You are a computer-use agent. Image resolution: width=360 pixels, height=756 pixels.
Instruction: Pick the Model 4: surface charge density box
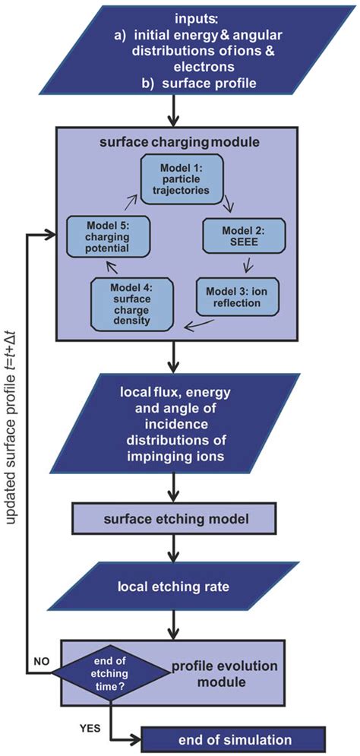[132, 304]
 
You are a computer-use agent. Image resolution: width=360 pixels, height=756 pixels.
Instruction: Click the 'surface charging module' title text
[176, 143]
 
